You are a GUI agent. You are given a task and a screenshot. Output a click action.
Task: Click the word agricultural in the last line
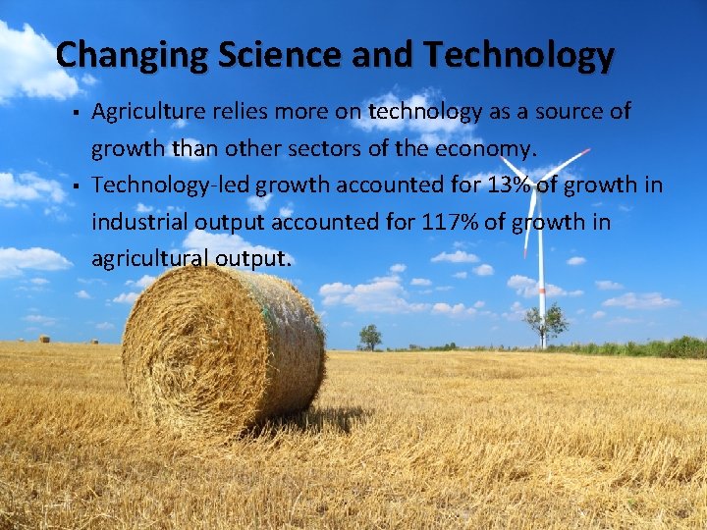(x=146, y=259)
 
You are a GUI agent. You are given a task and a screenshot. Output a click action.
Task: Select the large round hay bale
(x=224, y=348)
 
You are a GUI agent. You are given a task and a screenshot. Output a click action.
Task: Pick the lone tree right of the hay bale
(x=370, y=337)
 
